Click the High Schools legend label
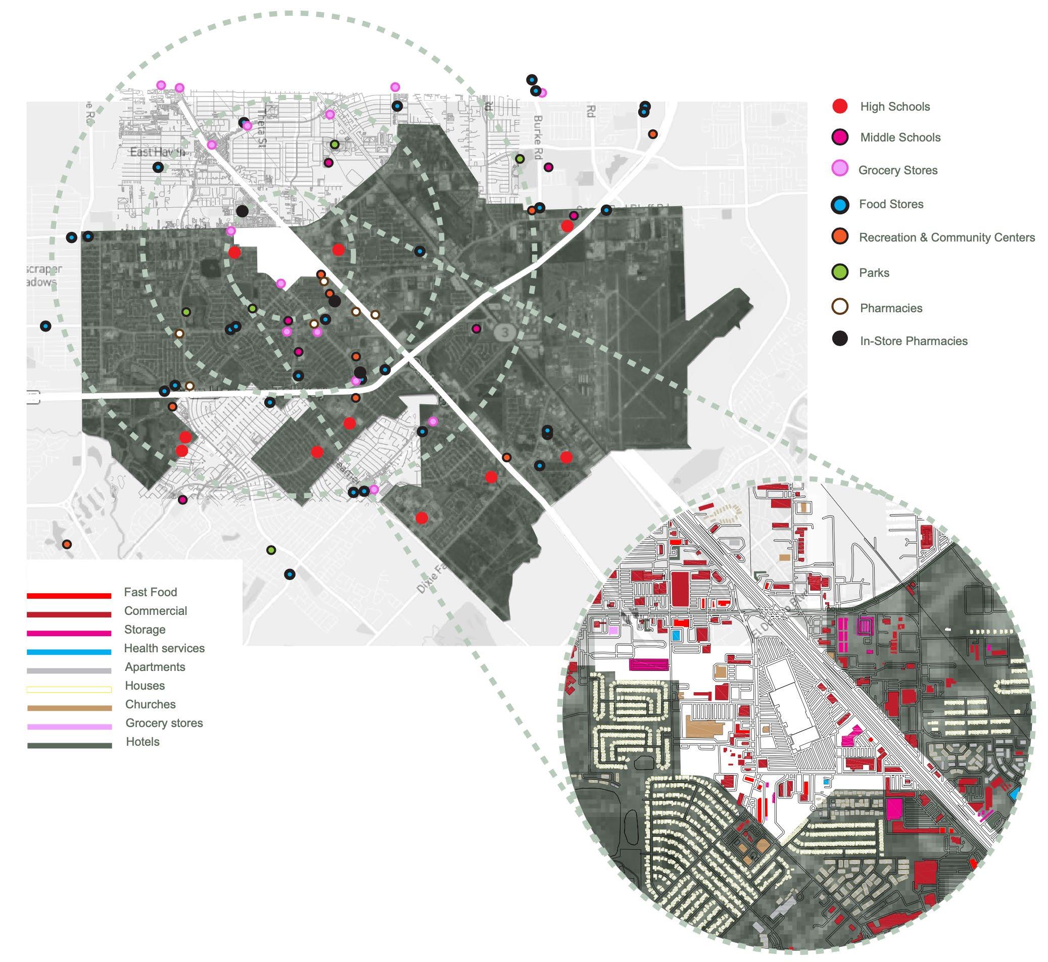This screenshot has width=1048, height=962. pyautogui.click(x=894, y=107)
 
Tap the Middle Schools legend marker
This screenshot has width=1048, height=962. pyautogui.click(x=840, y=137)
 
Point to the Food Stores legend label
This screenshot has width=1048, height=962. pyautogui.click(x=891, y=204)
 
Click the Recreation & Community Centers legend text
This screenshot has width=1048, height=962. pyautogui.click(x=946, y=237)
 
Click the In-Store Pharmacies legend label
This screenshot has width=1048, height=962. pyautogui.click(x=913, y=341)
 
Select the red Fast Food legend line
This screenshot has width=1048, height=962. pyautogui.click(x=69, y=596)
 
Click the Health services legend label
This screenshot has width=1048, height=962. pyautogui.click(x=164, y=648)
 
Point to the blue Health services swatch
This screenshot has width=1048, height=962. pyautogui.click(x=69, y=652)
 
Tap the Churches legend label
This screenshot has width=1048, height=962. pyautogui.click(x=150, y=704)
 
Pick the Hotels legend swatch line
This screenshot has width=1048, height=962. pyautogui.click(x=69, y=745)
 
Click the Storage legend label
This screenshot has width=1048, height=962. pyautogui.click(x=144, y=630)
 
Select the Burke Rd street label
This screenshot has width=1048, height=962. pyautogui.click(x=537, y=130)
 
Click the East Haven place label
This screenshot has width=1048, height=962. pyautogui.click(x=157, y=152)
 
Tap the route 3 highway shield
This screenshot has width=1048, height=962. pyautogui.click(x=503, y=331)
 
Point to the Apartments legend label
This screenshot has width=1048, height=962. pyautogui.click(x=155, y=667)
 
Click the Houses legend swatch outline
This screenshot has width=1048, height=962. pyautogui.click(x=69, y=689)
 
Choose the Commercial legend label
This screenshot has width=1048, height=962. pyautogui.click(x=155, y=611)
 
